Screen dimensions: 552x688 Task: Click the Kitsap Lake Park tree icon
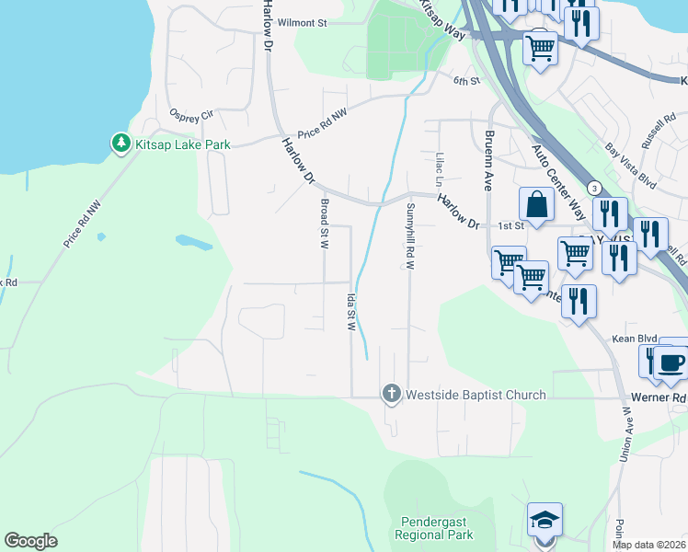click(120, 144)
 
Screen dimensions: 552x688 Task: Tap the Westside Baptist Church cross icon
click(391, 395)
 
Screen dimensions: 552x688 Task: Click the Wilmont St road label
click(303, 22)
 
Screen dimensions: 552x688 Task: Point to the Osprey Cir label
click(191, 115)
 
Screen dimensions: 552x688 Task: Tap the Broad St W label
click(324, 224)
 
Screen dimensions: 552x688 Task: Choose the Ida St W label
click(350, 312)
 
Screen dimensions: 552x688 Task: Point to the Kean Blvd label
click(630, 339)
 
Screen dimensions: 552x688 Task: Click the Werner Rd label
click(666, 398)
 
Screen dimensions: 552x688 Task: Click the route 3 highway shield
click(595, 188)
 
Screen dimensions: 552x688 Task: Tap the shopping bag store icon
click(536, 205)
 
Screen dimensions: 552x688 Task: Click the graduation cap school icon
click(545, 521)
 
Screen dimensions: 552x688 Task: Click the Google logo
click(31, 541)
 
